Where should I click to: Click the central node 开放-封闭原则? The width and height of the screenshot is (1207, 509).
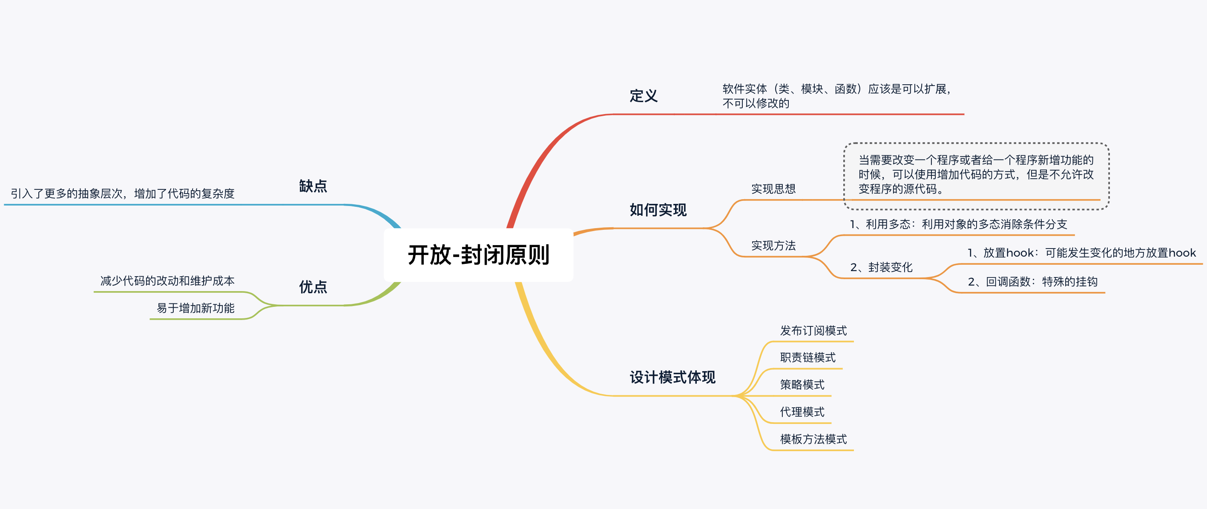click(478, 255)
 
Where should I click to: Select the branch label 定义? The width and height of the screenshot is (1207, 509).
click(644, 96)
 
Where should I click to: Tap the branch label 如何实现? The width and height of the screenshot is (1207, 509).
click(658, 210)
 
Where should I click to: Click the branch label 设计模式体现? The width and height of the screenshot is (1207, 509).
click(672, 377)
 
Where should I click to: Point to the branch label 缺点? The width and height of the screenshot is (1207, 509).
click(313, 186)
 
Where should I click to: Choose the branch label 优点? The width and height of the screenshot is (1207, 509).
click(313, 286)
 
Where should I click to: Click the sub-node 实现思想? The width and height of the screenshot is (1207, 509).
click(773, 189)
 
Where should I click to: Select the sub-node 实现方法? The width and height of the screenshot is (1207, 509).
click(773, 246)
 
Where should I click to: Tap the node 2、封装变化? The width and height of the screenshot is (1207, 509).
click(881, 267)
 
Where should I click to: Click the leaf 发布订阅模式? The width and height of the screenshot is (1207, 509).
click(813, 331)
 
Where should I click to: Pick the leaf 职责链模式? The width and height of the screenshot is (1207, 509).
click(808, 358)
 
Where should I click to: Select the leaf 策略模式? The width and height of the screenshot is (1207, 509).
click(802, 385)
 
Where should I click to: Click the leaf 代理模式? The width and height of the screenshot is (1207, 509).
click(802, 412)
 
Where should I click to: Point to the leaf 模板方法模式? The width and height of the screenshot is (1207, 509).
click(813, 439)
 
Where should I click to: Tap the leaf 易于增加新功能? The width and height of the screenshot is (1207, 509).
click(195, 308)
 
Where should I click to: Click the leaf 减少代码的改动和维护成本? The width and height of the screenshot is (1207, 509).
click(167, 281)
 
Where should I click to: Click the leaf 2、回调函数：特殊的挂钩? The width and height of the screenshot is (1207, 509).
click(1032, 281)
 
